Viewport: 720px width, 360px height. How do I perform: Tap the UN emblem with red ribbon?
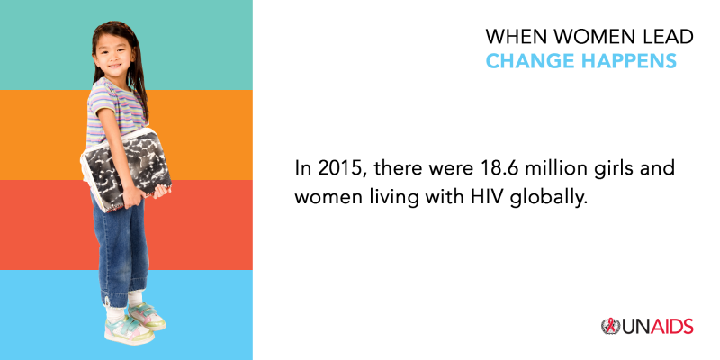click(611, 327)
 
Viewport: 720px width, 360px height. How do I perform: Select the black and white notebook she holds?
click(126, 170)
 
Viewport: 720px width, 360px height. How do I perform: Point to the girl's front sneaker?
click(130, 329)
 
